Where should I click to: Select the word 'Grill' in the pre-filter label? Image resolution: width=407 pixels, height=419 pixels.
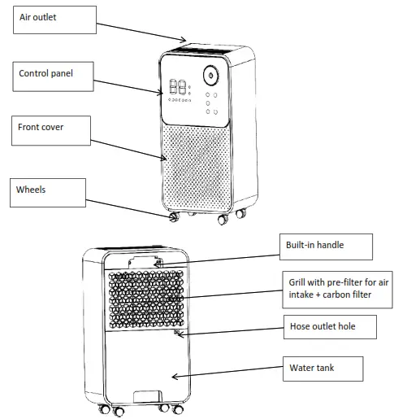click(x=299, y=283)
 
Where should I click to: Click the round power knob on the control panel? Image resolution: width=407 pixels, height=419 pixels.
click(x=212, y=76)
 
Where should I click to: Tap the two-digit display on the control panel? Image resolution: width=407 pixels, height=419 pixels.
click(x=180, y=88)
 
